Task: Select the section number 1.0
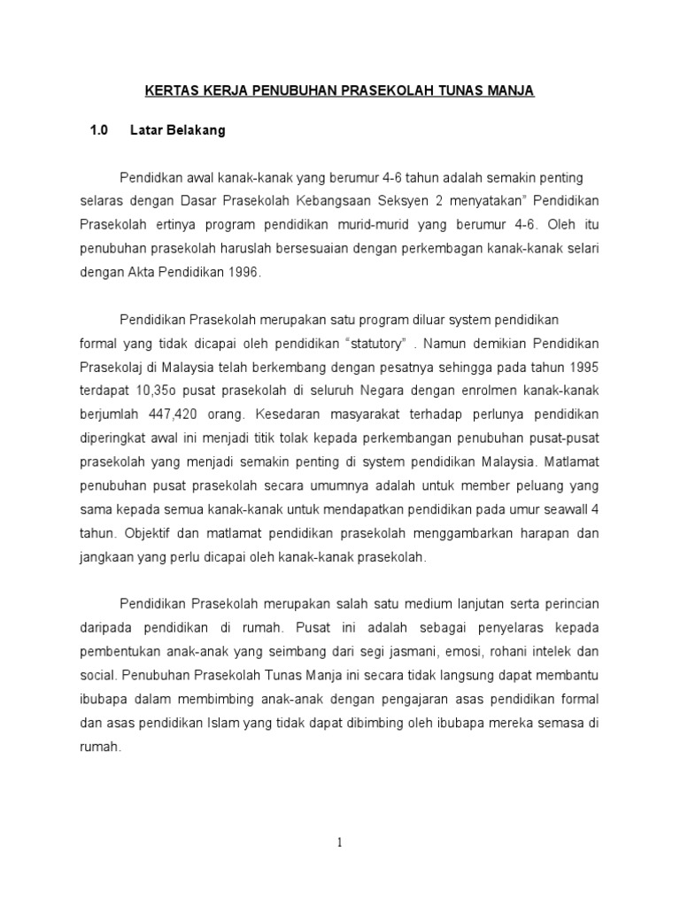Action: coord(98,130)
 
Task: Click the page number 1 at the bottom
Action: coord(340,843)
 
